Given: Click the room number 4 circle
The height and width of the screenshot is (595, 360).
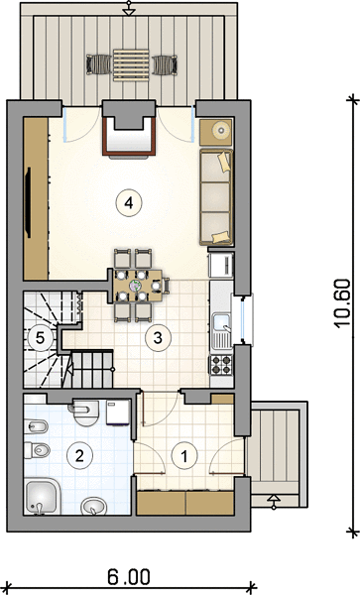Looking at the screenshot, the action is point(129,203).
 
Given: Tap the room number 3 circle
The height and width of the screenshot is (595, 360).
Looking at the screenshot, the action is point(159,337).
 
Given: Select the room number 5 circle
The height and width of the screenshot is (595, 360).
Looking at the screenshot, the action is point(41,337).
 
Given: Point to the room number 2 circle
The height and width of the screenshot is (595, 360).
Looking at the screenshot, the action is point(79,455).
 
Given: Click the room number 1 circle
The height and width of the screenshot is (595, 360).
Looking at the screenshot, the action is point(184,456).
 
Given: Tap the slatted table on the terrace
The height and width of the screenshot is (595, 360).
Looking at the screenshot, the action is point(131,64).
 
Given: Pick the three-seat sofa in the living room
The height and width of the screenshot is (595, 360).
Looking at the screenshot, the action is point(216,197).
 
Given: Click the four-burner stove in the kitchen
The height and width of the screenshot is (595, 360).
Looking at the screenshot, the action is point(221,365).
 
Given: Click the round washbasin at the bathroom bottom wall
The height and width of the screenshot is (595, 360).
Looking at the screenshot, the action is point(93,506).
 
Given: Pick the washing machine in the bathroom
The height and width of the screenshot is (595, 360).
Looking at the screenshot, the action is point(118,413).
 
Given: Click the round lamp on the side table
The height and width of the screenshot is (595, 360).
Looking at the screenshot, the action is point(221,130).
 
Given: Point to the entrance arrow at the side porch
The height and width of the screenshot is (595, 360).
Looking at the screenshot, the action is point(274,501).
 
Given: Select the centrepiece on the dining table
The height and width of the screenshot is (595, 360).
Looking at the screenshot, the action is point(136,287).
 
